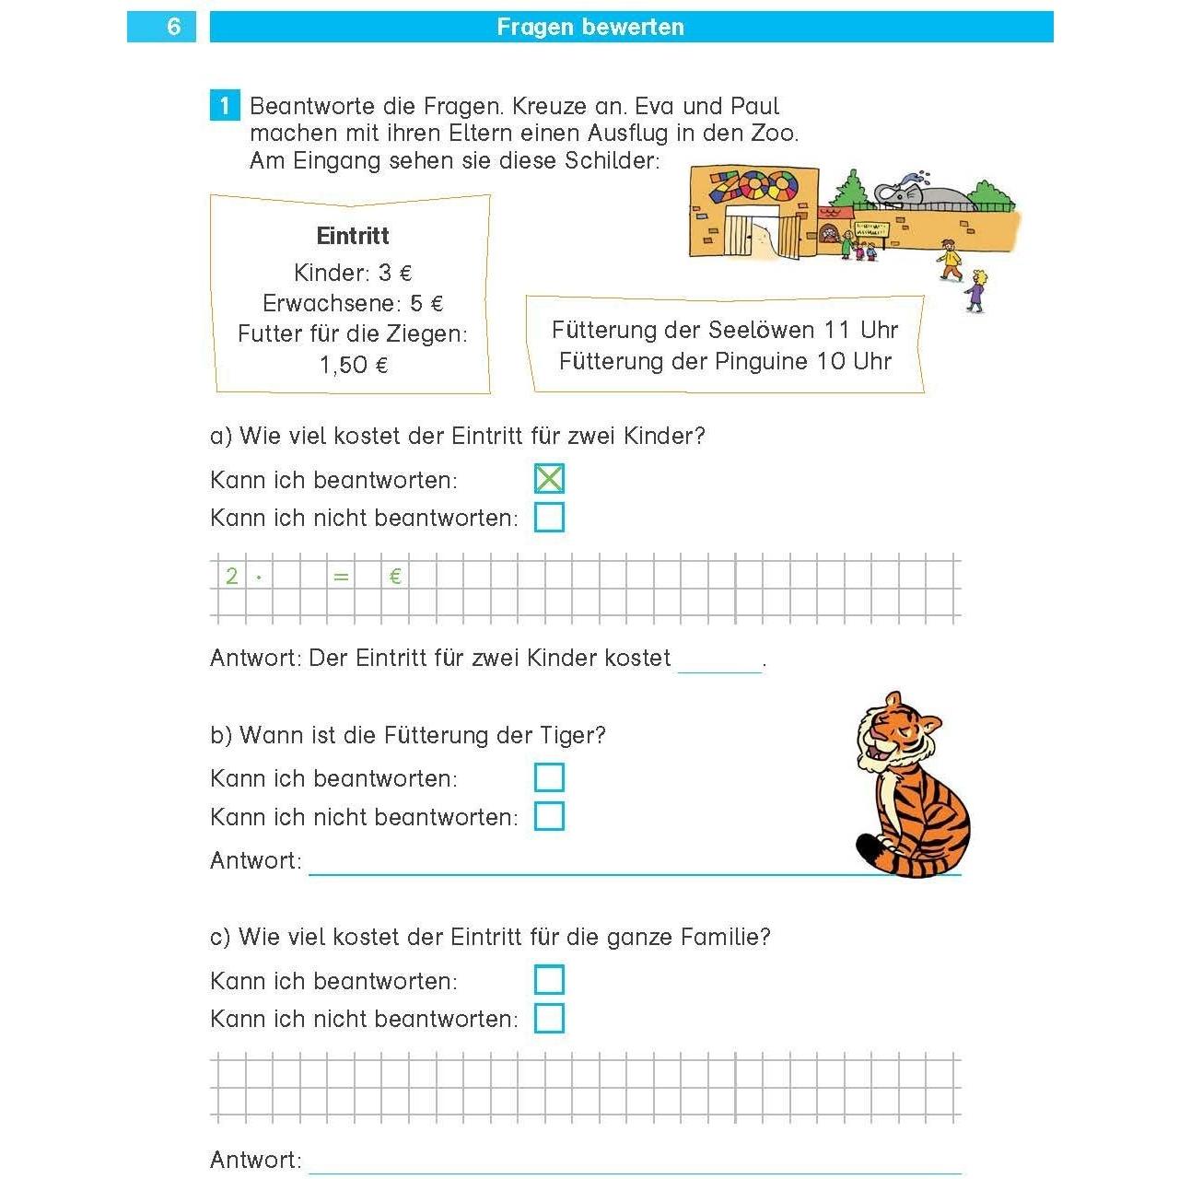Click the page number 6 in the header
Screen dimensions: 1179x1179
173,27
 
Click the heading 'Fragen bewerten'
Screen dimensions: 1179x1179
590,27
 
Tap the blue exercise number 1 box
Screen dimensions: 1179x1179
225,106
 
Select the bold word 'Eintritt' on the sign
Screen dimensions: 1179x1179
353,236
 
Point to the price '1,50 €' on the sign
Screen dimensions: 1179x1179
354,366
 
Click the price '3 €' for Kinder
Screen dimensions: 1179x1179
395,274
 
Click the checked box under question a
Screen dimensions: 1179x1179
549,479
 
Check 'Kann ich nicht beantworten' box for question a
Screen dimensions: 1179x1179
549,518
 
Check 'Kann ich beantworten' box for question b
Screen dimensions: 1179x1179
549,777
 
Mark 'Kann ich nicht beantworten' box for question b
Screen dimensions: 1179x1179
549,816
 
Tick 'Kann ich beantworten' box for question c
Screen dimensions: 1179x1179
549,979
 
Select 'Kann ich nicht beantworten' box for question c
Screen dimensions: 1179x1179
549,1018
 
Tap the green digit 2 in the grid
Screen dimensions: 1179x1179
232,577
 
